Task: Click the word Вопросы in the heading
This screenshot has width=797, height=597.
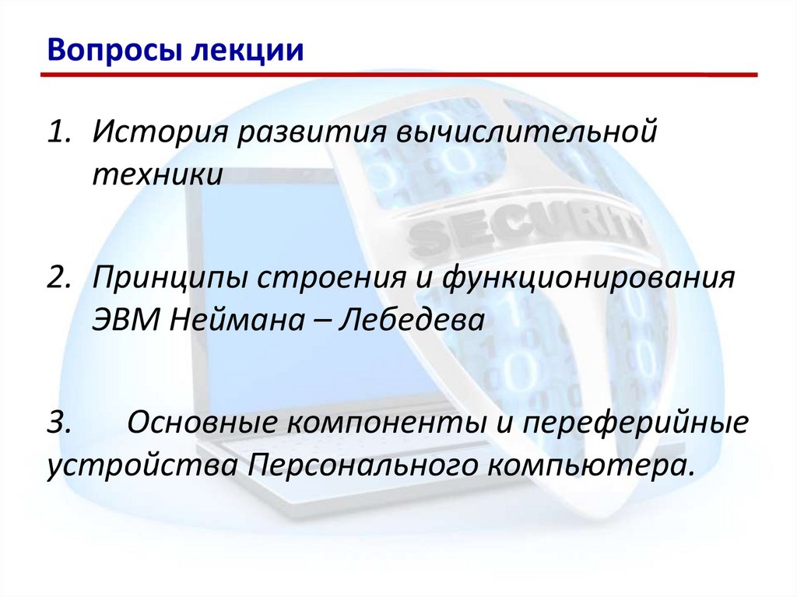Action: pos(104,51)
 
